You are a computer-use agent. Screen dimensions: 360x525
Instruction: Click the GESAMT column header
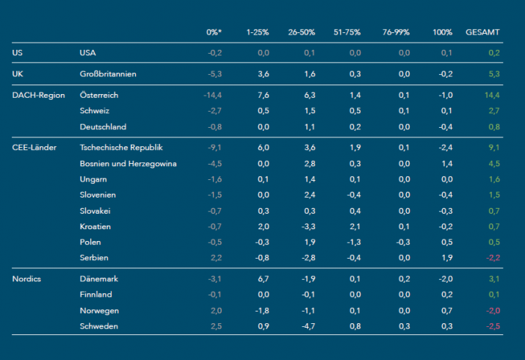482,33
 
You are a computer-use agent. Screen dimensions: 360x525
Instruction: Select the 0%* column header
214,33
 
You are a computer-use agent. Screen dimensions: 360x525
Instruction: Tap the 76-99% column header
396,33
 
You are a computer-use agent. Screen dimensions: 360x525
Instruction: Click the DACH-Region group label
39,96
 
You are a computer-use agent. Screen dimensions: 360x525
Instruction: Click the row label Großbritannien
108,74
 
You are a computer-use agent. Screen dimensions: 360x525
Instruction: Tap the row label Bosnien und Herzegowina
128,163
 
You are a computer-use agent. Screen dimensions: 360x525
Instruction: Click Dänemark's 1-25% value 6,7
263,279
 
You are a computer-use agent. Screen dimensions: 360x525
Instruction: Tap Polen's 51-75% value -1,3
354,242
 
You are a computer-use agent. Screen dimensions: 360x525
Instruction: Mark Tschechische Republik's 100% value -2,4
445,148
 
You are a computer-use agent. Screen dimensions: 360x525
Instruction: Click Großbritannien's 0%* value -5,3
214,74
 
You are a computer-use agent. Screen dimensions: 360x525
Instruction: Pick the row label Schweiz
95,111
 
